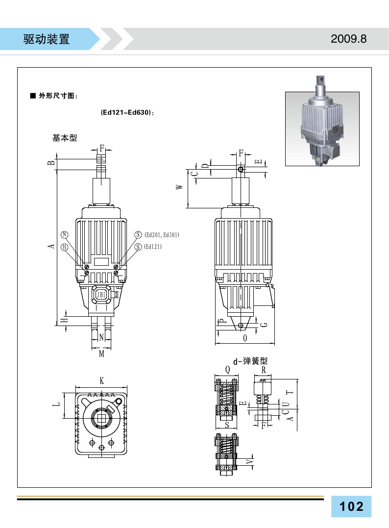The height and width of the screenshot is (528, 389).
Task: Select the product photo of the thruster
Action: [x=322, y=129]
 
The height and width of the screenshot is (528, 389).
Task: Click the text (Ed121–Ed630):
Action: [x=127, y=113]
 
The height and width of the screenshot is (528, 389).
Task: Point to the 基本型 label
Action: [x=65, y=138]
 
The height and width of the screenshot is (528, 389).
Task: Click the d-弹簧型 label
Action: [x=250, y=361]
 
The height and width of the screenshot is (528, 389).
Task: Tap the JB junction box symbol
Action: [x=101, y=295]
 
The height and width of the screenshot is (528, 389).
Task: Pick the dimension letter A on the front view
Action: [x=51, y=247]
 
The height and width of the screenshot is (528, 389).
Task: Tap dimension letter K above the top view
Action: [x=101, y=380]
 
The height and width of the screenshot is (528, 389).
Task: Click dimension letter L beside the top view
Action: [x=57, y=404]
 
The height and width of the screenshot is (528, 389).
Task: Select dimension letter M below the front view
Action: [x=101, y=353]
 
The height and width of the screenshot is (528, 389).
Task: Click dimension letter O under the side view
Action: [x=245, y=339]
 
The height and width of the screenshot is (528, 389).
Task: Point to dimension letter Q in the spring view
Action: [x=227, y=369]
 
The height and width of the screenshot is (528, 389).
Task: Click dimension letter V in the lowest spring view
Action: [x=249, y=462]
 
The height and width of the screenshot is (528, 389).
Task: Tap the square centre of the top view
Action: [x=101, y=418]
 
